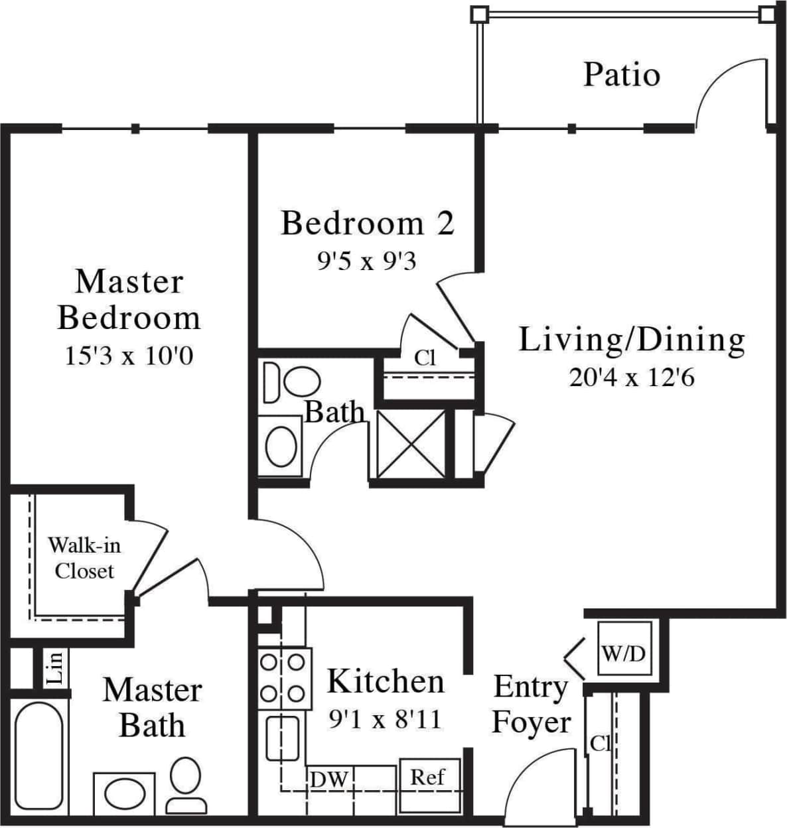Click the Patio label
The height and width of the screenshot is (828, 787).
click(x=622, y=74)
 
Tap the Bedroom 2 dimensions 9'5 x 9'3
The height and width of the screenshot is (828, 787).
click(x=366, y=261)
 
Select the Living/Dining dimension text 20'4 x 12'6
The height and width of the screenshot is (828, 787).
click(x=631, y=378)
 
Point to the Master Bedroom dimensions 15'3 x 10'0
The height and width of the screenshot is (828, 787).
click(x=129, y=356)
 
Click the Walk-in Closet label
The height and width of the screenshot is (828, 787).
click(x=84, y=558)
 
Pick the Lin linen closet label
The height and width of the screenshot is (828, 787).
click(x=56, y=667)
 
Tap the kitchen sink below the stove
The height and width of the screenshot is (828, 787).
click(x=283, y=738)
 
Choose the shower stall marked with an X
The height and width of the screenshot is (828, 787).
click(x=410, y=443)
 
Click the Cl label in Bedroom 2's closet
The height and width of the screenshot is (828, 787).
click(x=425, y=358)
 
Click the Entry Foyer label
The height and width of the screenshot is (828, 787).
click(x=530, y=704)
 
